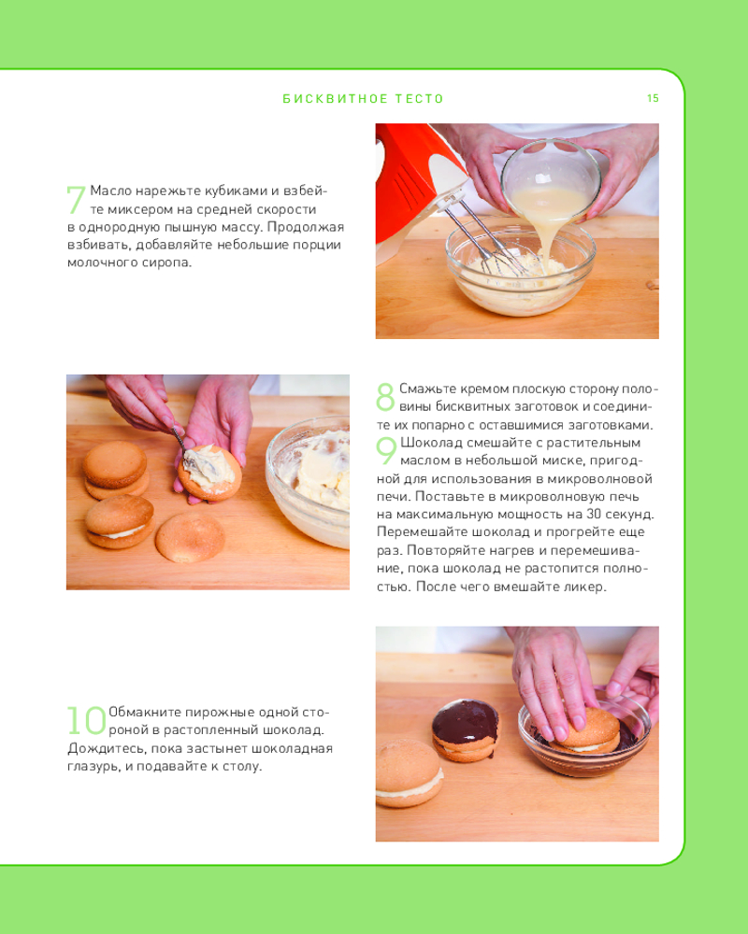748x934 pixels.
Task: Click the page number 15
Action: pos(653,98)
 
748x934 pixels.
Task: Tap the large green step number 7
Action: pos(76,199)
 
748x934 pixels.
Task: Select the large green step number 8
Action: pos(385,397)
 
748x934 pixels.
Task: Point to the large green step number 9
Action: pos(386,450)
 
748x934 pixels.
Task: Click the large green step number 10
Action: pos(87,720)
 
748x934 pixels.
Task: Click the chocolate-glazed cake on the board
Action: pos(466,729)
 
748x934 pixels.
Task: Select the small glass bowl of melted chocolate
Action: pos(584,739)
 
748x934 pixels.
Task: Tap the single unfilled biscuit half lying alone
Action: pos(191,537)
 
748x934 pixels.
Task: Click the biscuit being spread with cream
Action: pos(210,472)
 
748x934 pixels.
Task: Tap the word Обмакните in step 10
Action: pos(144,713)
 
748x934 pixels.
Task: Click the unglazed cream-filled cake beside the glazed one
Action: pos(410,772)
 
